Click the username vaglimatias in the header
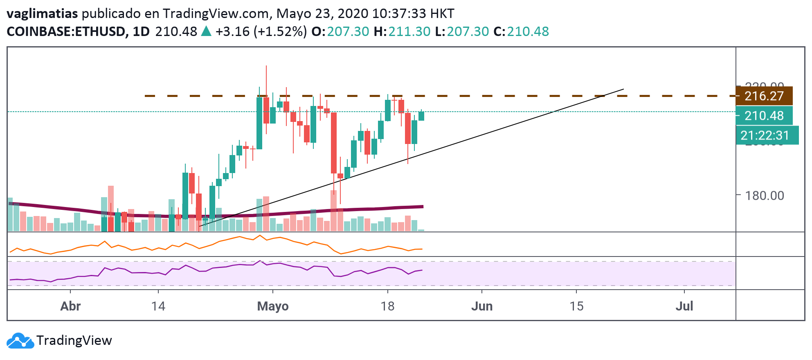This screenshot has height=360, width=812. click(x=42, y=13)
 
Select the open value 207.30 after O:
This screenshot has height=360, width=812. click(x=348, y=32)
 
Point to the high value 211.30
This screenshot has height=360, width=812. click(x=409, y=32)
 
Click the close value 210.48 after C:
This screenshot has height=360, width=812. click(x=528, y=32)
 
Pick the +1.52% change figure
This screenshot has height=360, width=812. click(x=280, y=32)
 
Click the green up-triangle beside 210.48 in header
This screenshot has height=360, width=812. click(x=206, y=31)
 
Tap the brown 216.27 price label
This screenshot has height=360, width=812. click(x=764, y=96)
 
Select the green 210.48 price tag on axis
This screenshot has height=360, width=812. click(x=764, y=116)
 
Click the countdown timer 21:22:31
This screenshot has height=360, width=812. click(x=764, y=135)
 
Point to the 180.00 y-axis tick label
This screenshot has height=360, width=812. click(x=764, y=196)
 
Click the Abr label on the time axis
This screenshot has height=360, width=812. click(x=70, y=306)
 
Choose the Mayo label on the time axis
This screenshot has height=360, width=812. click(x=273, y=306)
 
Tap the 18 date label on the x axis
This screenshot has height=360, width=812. click(x=387, y=306)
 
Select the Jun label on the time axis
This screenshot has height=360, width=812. click(x=482, y=306)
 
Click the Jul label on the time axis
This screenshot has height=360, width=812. click(x=684, y=306)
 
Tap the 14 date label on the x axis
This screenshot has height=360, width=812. click(x=158, y=306)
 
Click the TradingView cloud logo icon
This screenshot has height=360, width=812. click(x=20, y=341)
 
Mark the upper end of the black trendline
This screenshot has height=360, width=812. click(x=623, y=89)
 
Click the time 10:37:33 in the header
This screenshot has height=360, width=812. click(x=399, y=13)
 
